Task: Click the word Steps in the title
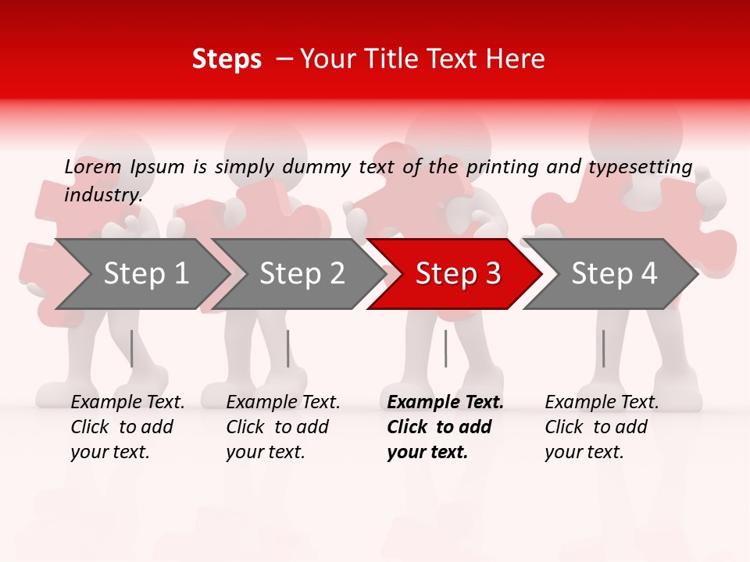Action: tap(227, 59)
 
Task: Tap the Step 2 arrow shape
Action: tap(302, 274)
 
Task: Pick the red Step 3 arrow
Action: tap(457, 274)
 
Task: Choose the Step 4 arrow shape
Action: tap(613, 274)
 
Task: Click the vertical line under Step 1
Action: tap(132, 348)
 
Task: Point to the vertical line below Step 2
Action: tap(288, 348)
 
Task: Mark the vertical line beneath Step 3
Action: tap(445, 348)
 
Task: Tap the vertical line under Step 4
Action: tap(603, 348)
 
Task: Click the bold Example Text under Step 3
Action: tap(445, 403)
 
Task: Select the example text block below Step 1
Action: tap(127, 427)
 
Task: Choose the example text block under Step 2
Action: tap(283, 427)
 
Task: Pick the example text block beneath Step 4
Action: tap(602, 427)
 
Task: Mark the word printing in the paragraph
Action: tap(503, 167)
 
